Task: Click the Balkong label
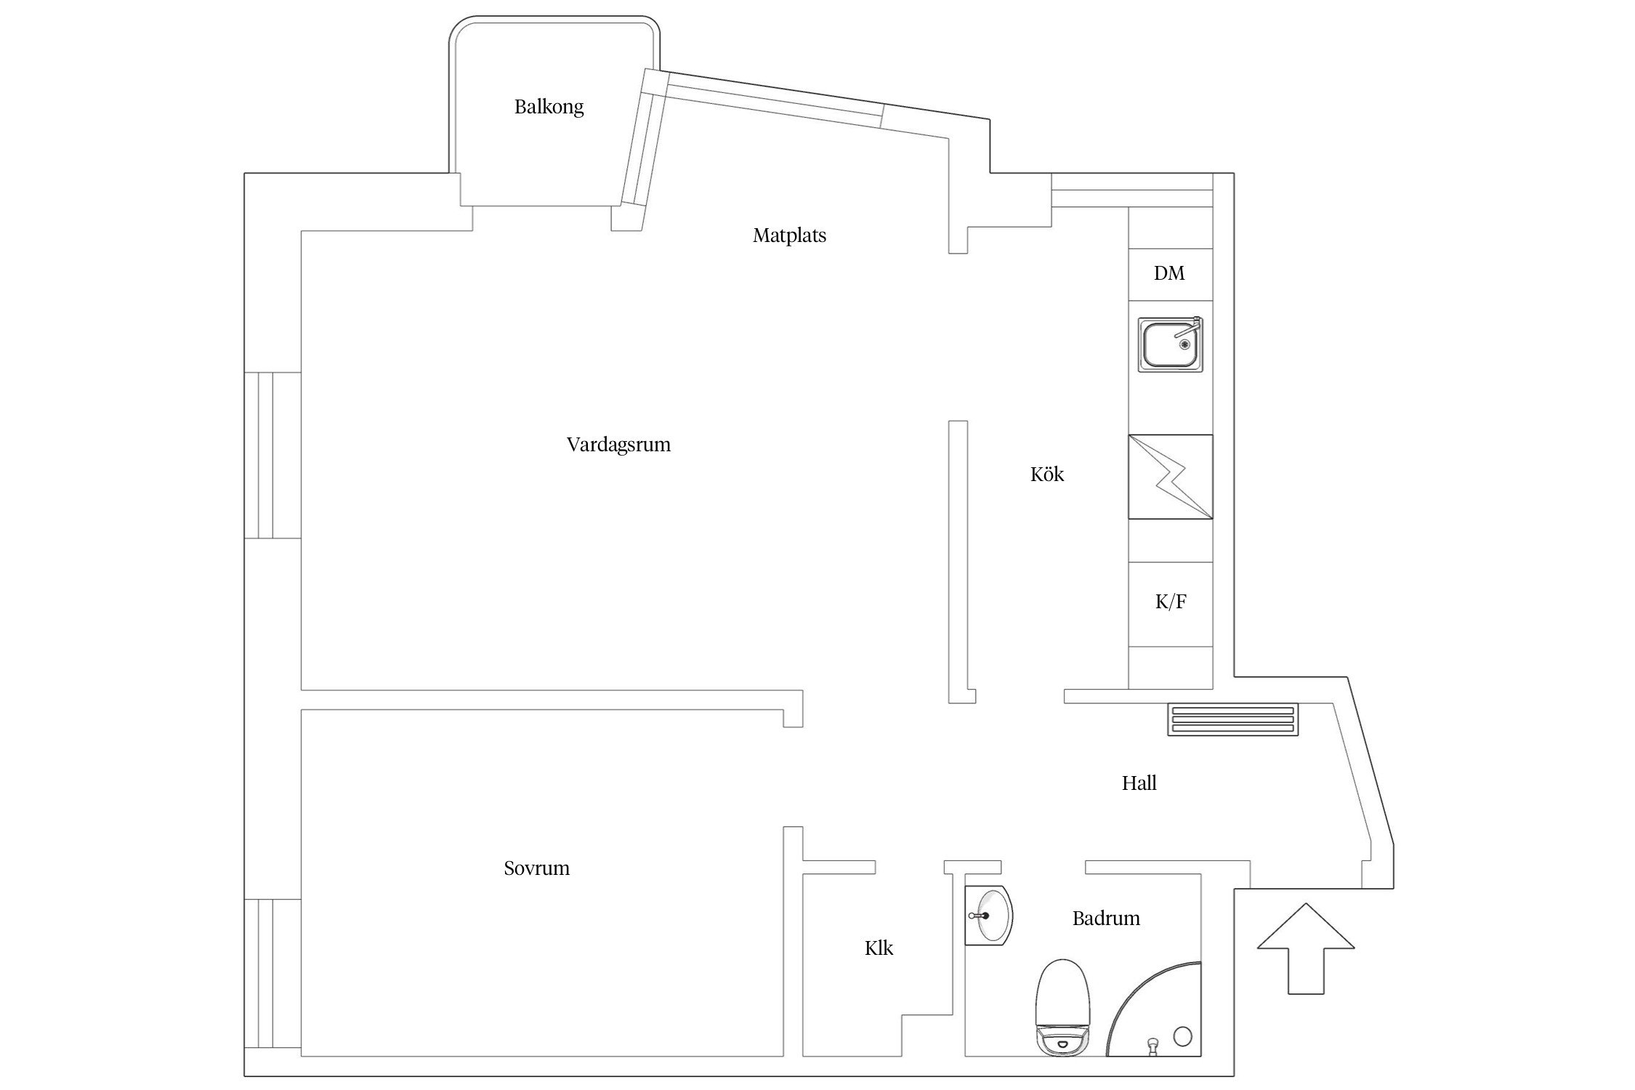(x=549, y=108)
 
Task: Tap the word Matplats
(x=789, y=235)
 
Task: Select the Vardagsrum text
(x=618, y=445)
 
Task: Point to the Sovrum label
(x=536, y=868)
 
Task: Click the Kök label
(x=1047, y=475)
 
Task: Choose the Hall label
(x=1139, y=783)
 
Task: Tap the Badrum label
(x=1106, y=919)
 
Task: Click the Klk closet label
(x=879, y=948)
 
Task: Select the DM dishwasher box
(x=1170, y=274)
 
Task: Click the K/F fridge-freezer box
(x=1170, y=604)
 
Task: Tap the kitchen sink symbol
(x=1170, y=345)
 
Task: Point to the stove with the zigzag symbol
(x=1170, y=477)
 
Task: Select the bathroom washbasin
(x=988, y=916)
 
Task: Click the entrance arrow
(x=1306, y=948)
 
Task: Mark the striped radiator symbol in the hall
(x=1233, y=719)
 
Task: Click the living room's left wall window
(x=272, y=456)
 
